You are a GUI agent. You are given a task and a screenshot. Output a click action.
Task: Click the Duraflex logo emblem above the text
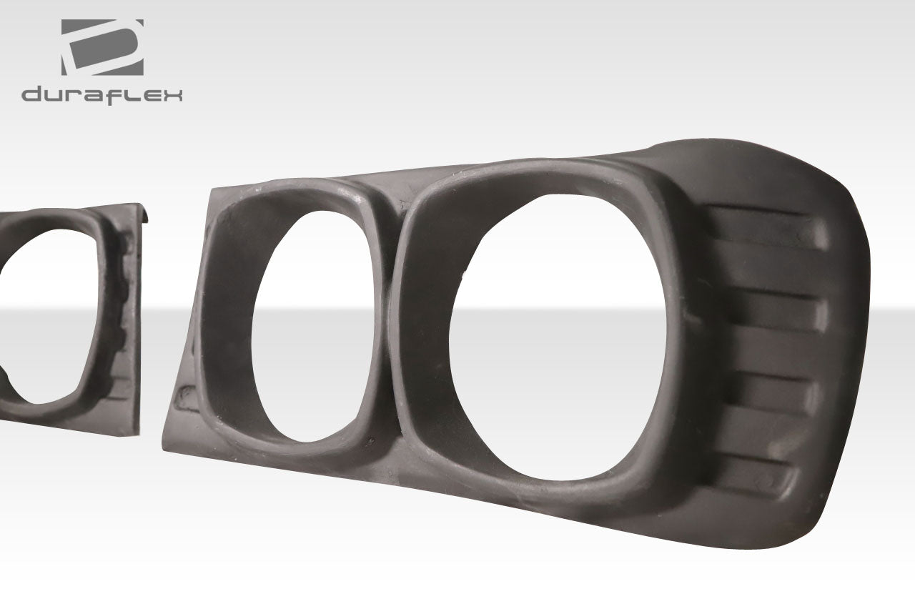tap(102, 46)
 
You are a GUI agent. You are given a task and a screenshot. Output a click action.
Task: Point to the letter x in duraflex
tap(172, 95)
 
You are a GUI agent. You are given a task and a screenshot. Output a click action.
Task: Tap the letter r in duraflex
tap(74, 95)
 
